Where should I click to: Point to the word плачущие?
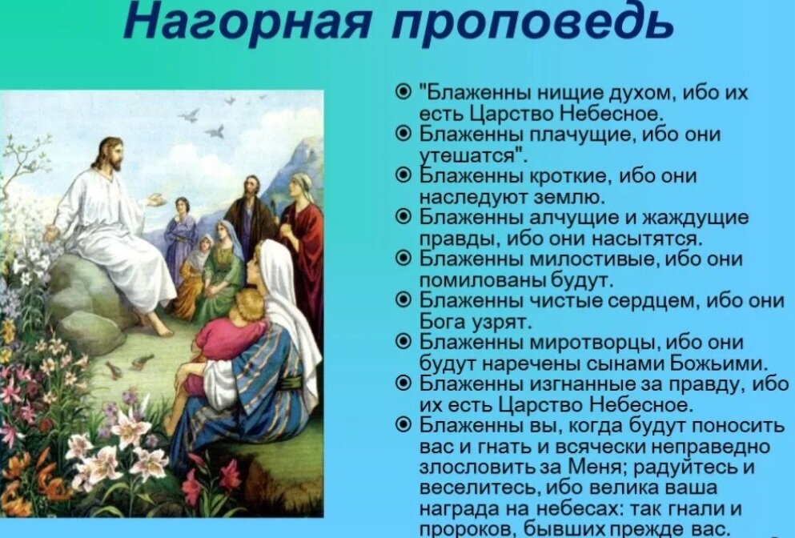564,134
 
